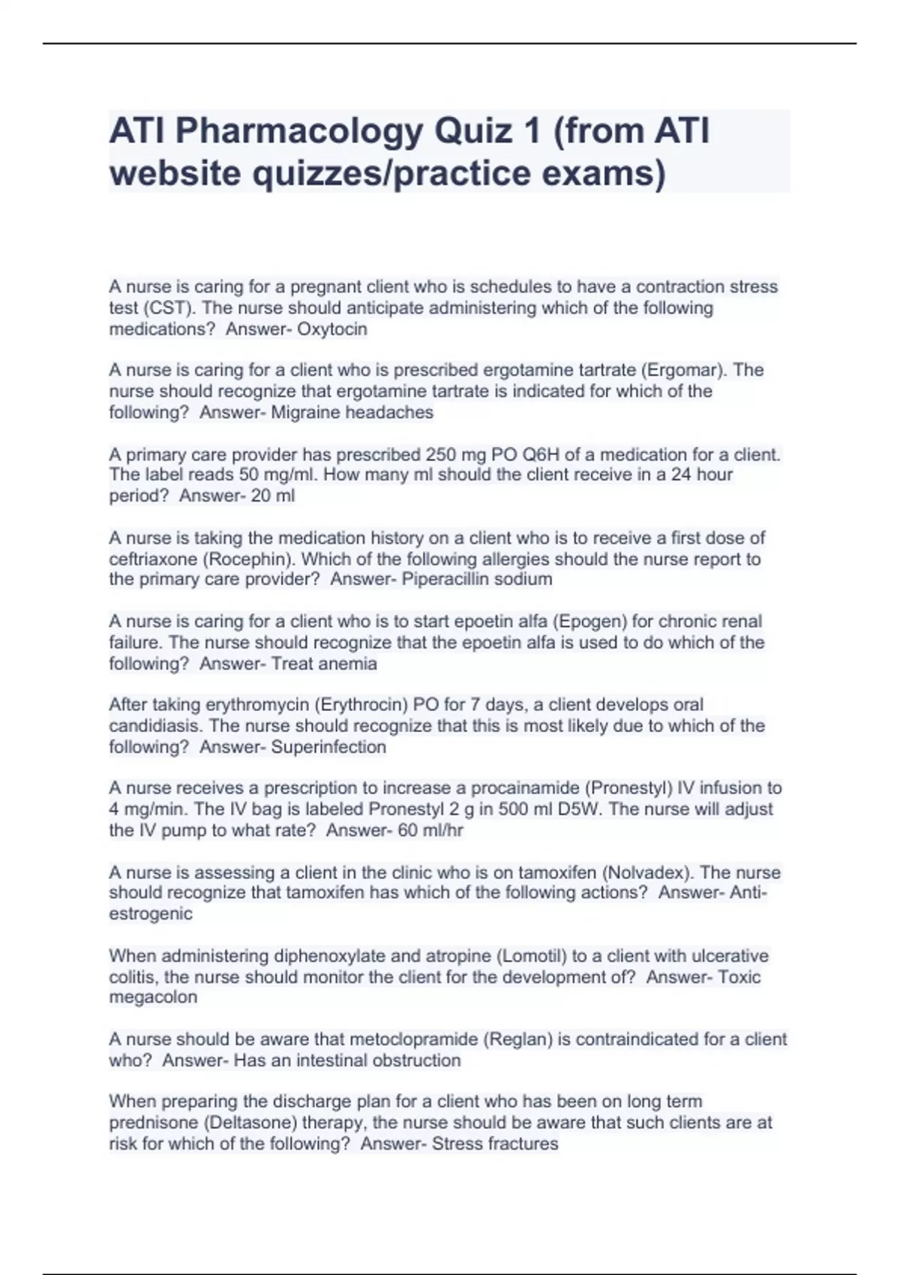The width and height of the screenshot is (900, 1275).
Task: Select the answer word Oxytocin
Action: [332, 328]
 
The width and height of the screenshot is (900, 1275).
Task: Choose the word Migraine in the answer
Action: [307, 412]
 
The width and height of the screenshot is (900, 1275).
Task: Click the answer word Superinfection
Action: [328, 746]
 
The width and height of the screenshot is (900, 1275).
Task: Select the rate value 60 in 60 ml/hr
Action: [408, 830]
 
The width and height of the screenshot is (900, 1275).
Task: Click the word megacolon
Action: [153, 997]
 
